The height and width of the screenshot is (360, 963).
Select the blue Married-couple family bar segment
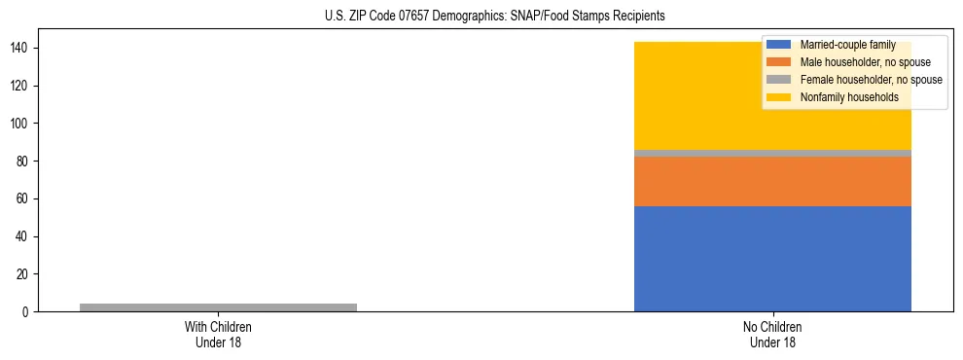(x=772, y=259)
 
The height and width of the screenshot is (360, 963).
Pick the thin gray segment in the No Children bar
(x=772, y=153)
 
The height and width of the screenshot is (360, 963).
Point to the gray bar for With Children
(x=218, y=307)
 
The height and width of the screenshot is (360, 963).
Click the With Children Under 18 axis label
(x=218, y=335)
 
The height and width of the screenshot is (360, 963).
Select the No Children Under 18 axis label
(x=772, y=335)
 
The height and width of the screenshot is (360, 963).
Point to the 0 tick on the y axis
(x=25, y=312)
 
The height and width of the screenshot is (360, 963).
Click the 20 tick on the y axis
(x=22, y=274)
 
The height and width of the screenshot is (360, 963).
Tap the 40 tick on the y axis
(x=22, y=236)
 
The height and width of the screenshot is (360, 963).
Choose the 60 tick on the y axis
(x=22, y=198)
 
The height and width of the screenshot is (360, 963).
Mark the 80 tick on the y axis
(x=22, y=162)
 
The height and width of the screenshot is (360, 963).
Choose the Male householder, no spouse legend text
(x=865, y=62)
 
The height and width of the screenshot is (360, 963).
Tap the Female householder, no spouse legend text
(x=871, y=80)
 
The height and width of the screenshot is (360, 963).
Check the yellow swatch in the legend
(x=778, y=97)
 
